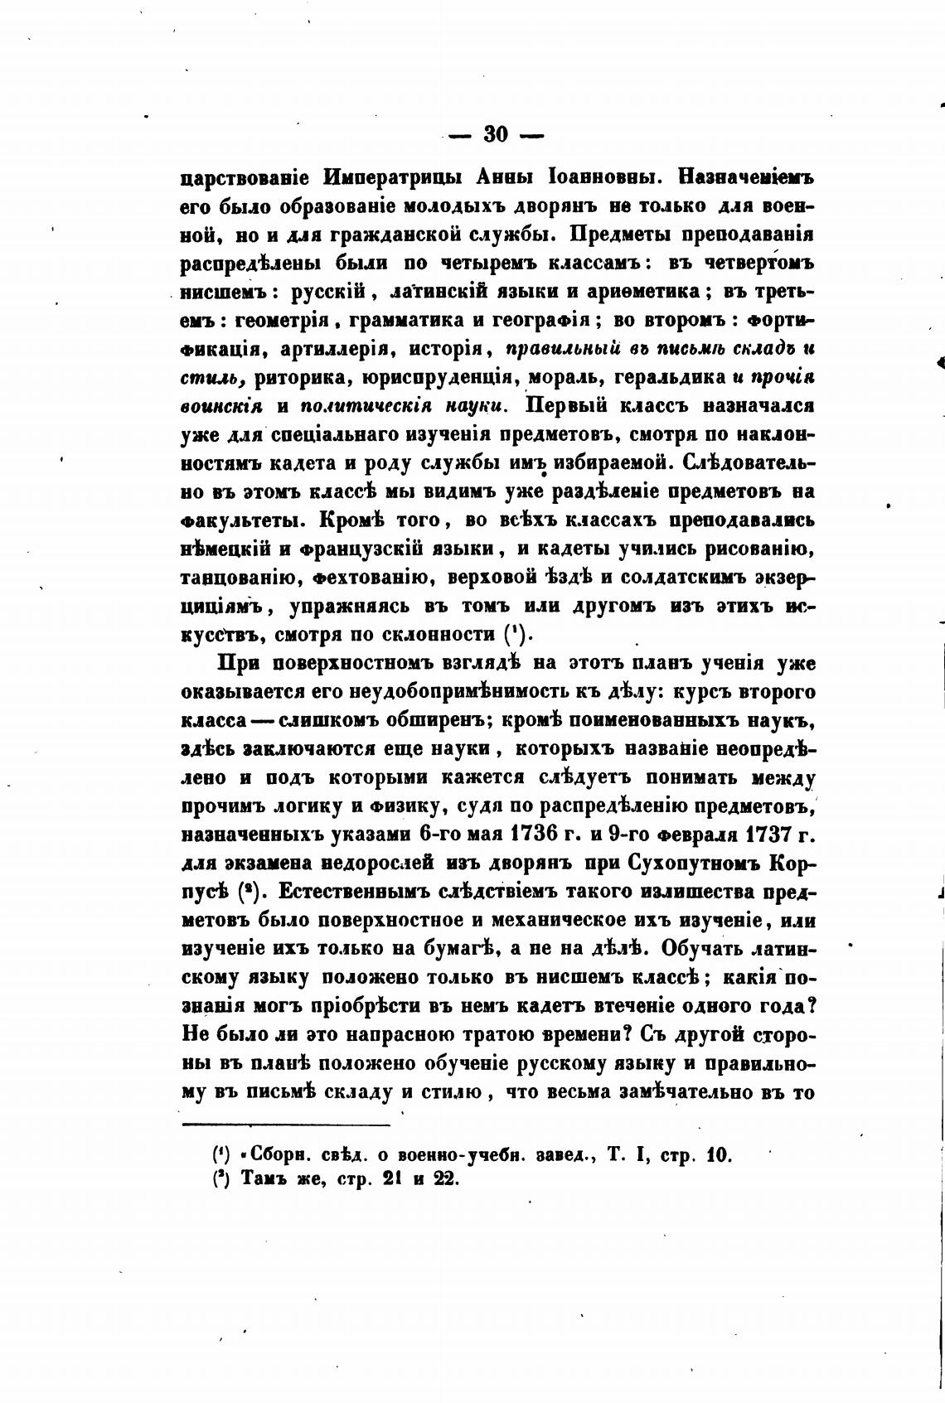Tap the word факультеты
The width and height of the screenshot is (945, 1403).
pyautogui.click(x=234, y=520)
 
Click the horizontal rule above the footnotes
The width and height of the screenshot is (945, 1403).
pyautogui.click(x=285, y=1125)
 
